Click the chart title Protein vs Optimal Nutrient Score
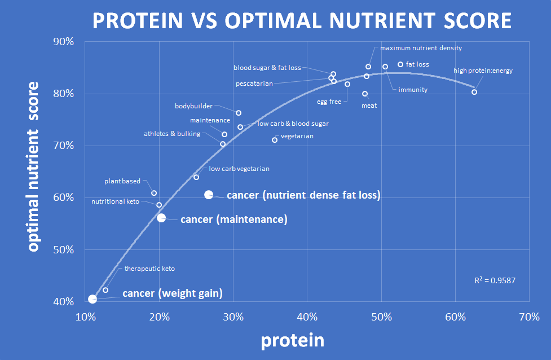point(302,21)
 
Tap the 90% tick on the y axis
point(63,42)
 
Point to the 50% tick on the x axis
point(381,317)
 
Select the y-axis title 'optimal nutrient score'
point(33,167)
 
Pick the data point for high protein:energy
point(474,92)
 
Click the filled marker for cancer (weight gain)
point(92,299)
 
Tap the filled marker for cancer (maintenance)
point(161,218)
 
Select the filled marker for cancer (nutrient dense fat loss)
point(209,195)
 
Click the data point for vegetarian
point(275,140)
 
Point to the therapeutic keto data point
point(105,290)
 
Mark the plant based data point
point(154,193)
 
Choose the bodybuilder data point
point(239,113)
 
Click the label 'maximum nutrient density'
point(421,49)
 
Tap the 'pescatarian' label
point(254,84)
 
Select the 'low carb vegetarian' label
point(239,169)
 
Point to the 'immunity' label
point(413,90)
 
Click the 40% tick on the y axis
point(63,302)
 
